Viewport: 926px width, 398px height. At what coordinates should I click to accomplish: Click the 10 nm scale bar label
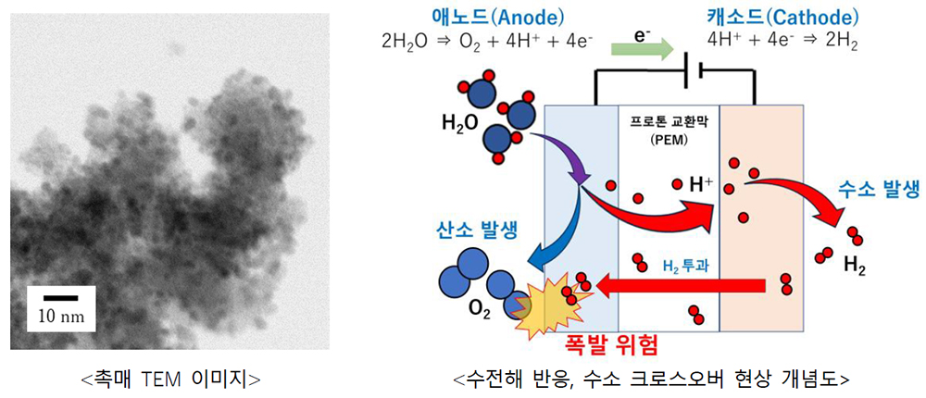[61, 317]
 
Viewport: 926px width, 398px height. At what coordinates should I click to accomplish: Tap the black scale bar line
[61, 298]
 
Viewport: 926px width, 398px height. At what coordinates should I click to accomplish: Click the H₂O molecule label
[460, 124]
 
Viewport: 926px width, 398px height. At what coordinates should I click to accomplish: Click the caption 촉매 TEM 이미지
[170, 379]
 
